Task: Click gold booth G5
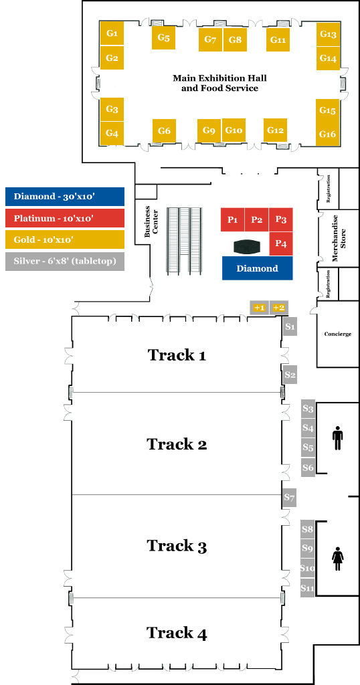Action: coord(163,38)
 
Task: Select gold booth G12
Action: coord(275,130)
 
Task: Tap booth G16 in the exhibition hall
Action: coord(328,134)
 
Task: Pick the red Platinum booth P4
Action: coord(281,243)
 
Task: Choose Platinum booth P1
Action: coord(232,219)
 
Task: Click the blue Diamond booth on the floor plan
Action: coord(258,268)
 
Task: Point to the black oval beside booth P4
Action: coord(248,247)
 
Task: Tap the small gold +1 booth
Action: coord(259,308)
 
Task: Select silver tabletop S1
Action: coord(290,326)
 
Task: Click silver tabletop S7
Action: coord(290,498)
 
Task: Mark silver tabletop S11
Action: coord(308,587)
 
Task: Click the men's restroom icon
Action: coord(338,439)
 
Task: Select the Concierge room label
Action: coord(338,334)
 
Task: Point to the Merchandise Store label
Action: coord(339,238)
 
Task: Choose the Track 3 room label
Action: coord(177,546)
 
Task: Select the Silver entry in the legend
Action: coord(65,262)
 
